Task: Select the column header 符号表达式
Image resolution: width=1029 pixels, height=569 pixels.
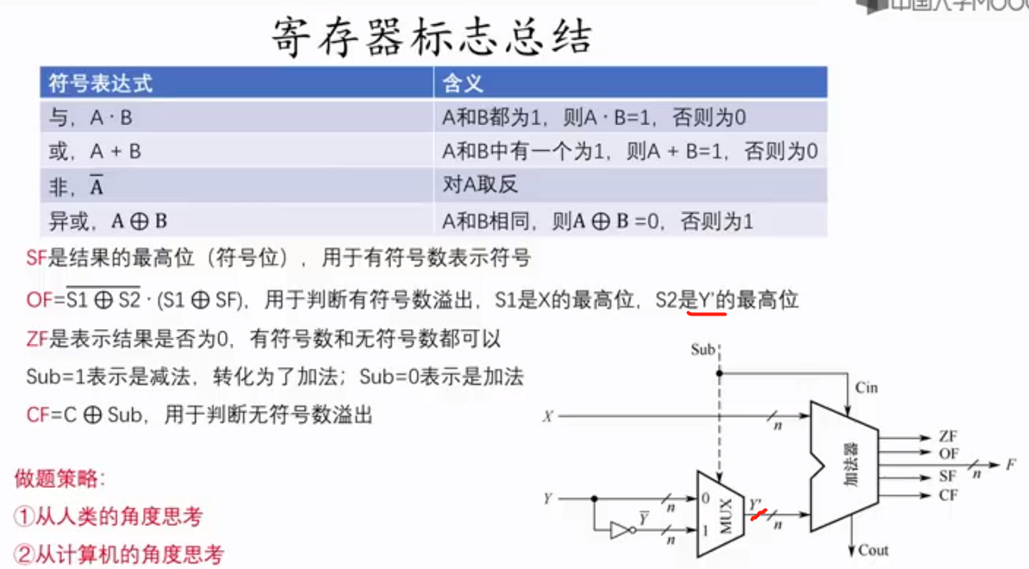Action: click(x=101, y=83)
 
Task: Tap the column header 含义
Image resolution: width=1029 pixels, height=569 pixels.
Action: click(x=463, y=83)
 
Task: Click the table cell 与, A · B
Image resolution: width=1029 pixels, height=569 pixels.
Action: click(x=90, y=117)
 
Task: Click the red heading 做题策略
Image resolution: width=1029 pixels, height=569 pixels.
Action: click(x=59, y=478)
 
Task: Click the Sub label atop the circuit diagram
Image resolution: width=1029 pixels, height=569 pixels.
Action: click(x=703, y=350)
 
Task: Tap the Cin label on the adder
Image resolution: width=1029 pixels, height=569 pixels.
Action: click(x=866, y=388)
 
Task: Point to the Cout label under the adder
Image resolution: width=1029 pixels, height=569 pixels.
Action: click(x=872, y=550)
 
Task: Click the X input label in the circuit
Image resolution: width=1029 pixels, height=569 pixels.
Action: click(x=546, y=417)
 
